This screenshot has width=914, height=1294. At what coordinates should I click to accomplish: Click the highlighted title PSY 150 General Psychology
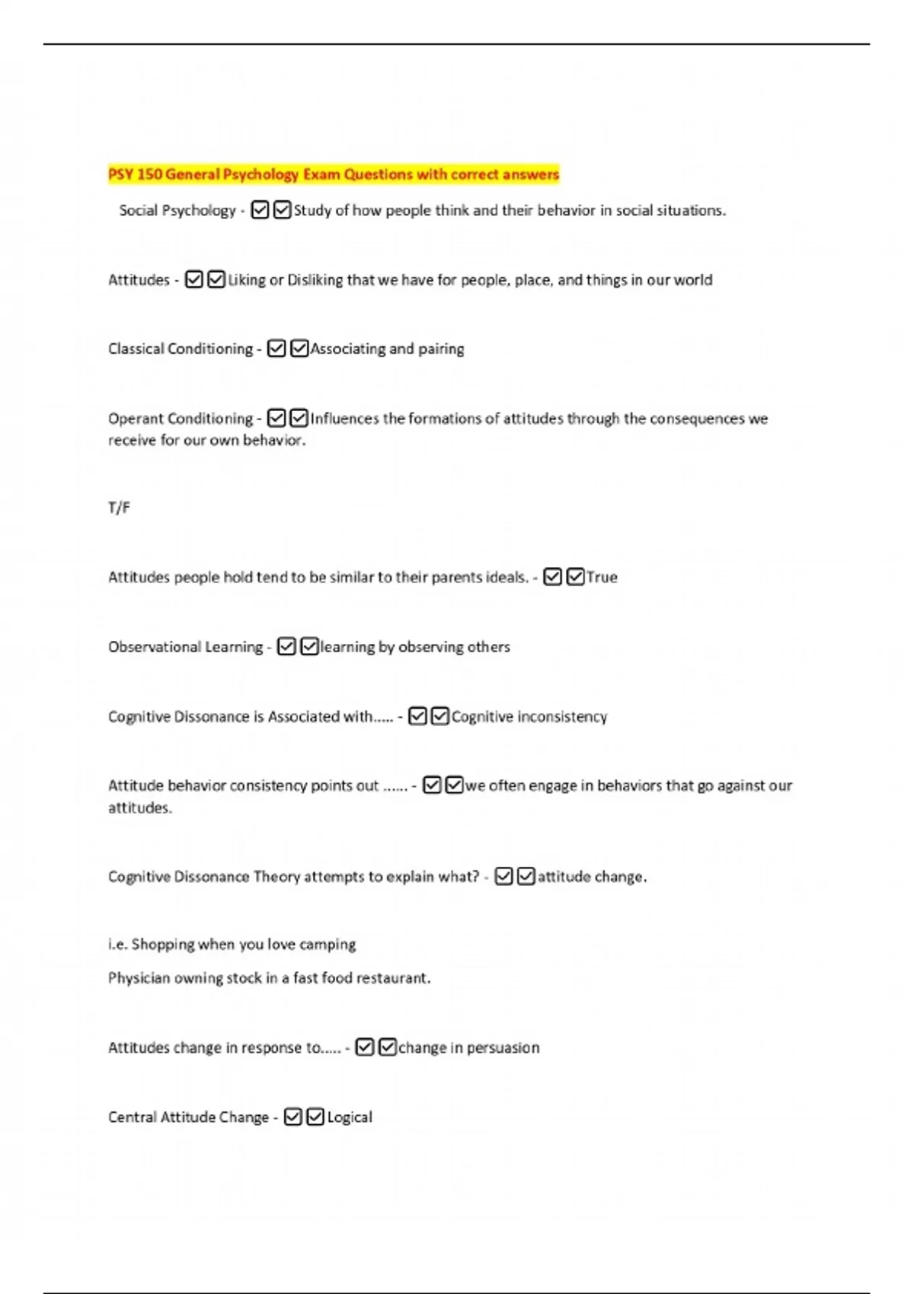333,174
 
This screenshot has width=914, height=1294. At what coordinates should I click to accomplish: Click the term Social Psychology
177,210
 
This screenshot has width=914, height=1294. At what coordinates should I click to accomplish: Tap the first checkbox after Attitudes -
194,279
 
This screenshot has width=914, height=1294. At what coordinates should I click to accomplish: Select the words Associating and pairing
387,349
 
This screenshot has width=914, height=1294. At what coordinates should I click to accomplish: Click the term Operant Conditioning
181,418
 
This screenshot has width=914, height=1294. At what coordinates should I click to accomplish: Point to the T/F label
119,508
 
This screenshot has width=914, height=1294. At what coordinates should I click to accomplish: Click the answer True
602,577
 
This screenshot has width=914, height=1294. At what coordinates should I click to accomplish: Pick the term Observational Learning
185,646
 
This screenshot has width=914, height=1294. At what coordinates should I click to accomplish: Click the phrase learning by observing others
415,646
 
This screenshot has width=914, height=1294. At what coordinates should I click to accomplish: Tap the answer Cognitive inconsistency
529,716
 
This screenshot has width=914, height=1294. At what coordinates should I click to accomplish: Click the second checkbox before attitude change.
526,876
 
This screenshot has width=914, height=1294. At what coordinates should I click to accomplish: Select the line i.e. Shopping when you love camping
232,944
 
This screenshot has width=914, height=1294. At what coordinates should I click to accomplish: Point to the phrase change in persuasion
468,1047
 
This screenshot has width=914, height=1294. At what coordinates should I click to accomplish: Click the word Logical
350,1117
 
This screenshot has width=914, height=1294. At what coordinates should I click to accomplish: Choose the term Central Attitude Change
188,1117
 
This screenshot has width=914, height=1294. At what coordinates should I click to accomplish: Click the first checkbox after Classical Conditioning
276,349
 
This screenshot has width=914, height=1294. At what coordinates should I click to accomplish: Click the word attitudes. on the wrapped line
140,808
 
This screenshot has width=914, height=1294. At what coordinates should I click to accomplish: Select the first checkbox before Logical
292,1117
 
